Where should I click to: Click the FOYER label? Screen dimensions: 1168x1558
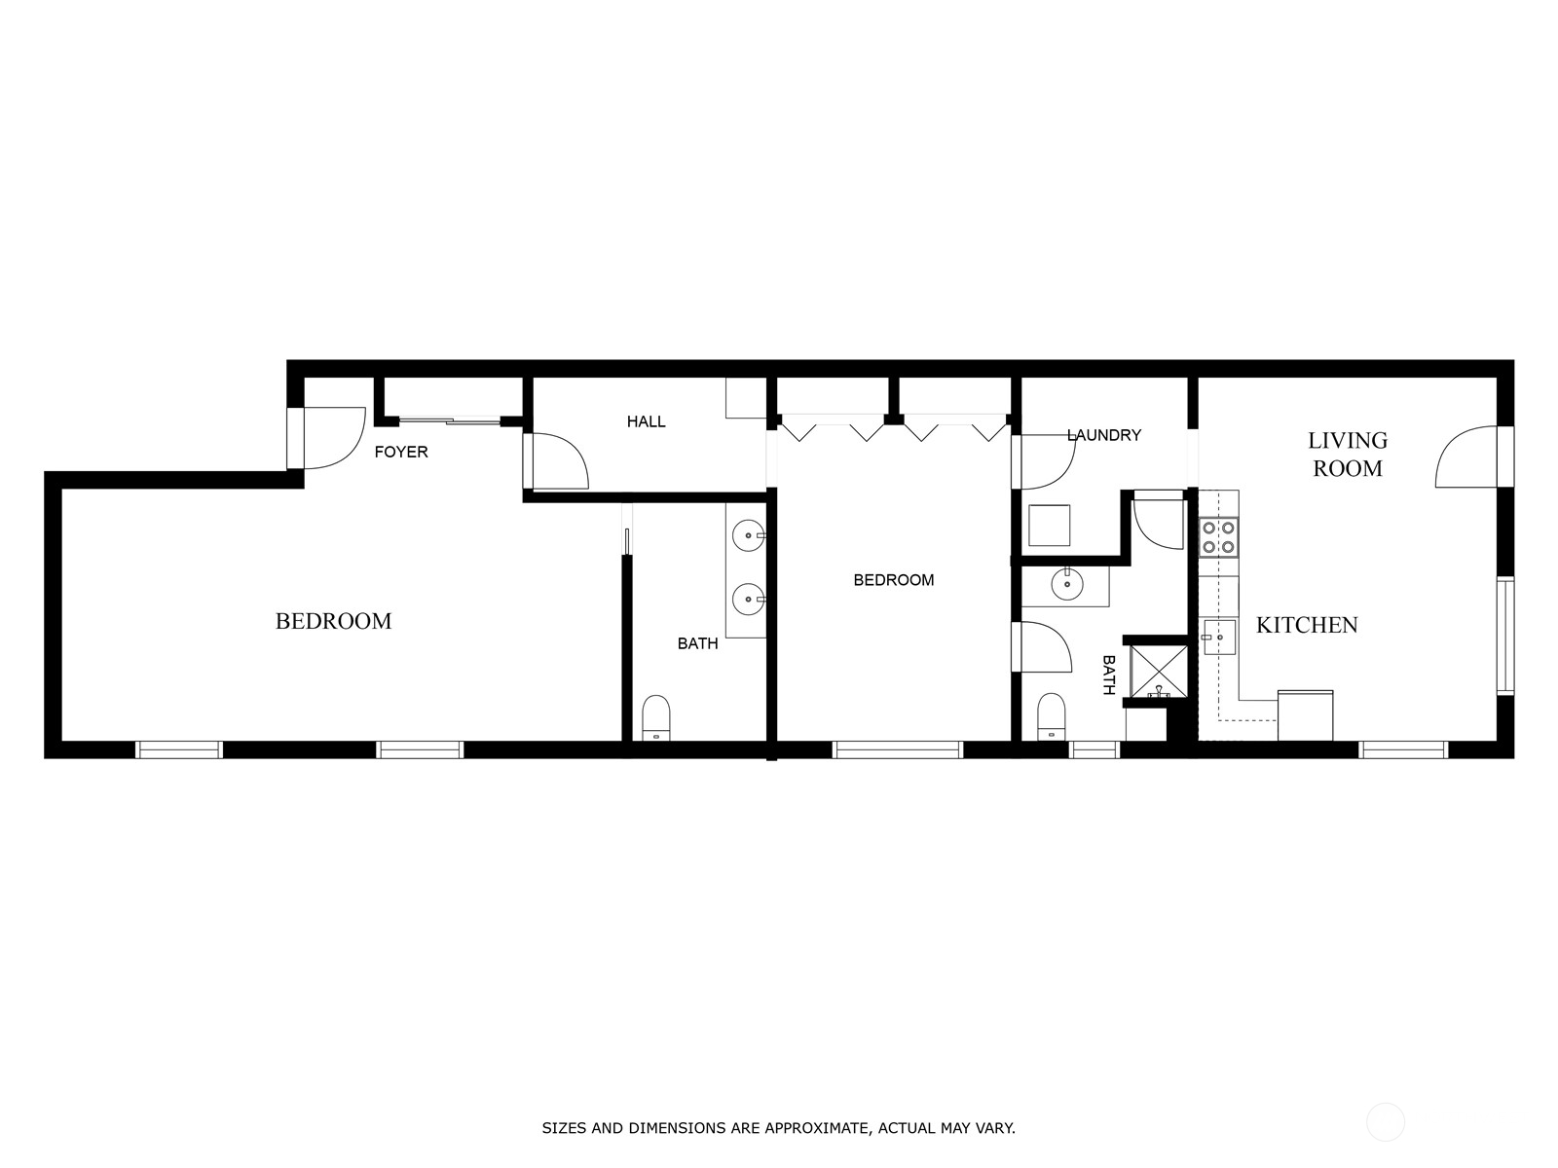(401, 453)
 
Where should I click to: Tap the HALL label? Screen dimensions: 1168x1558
(646, 421)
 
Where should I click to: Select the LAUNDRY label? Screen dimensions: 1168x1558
(1103, 435)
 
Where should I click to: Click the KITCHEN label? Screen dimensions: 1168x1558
(1307, 625)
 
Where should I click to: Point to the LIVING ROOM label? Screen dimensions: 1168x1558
(1348, 455)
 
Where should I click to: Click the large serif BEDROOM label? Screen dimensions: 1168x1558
(333, 621)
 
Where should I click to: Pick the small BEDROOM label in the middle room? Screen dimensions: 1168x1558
(893, 580)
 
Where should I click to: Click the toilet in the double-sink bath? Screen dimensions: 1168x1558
(656, 717)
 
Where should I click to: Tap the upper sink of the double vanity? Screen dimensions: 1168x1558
(749, 534)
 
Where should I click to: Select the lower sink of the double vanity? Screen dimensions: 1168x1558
(749, 599)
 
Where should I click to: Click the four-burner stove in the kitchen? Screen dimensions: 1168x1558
(1219, 537)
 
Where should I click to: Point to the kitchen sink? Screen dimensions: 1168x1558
(1217, 638)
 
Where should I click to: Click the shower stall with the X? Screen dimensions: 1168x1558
(1158, 672)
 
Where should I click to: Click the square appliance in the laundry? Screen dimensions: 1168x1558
(1050, 526)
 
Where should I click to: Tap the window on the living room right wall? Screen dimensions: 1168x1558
(1505, 636)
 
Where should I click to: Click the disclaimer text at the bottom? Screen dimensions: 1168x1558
(778, 1129)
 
